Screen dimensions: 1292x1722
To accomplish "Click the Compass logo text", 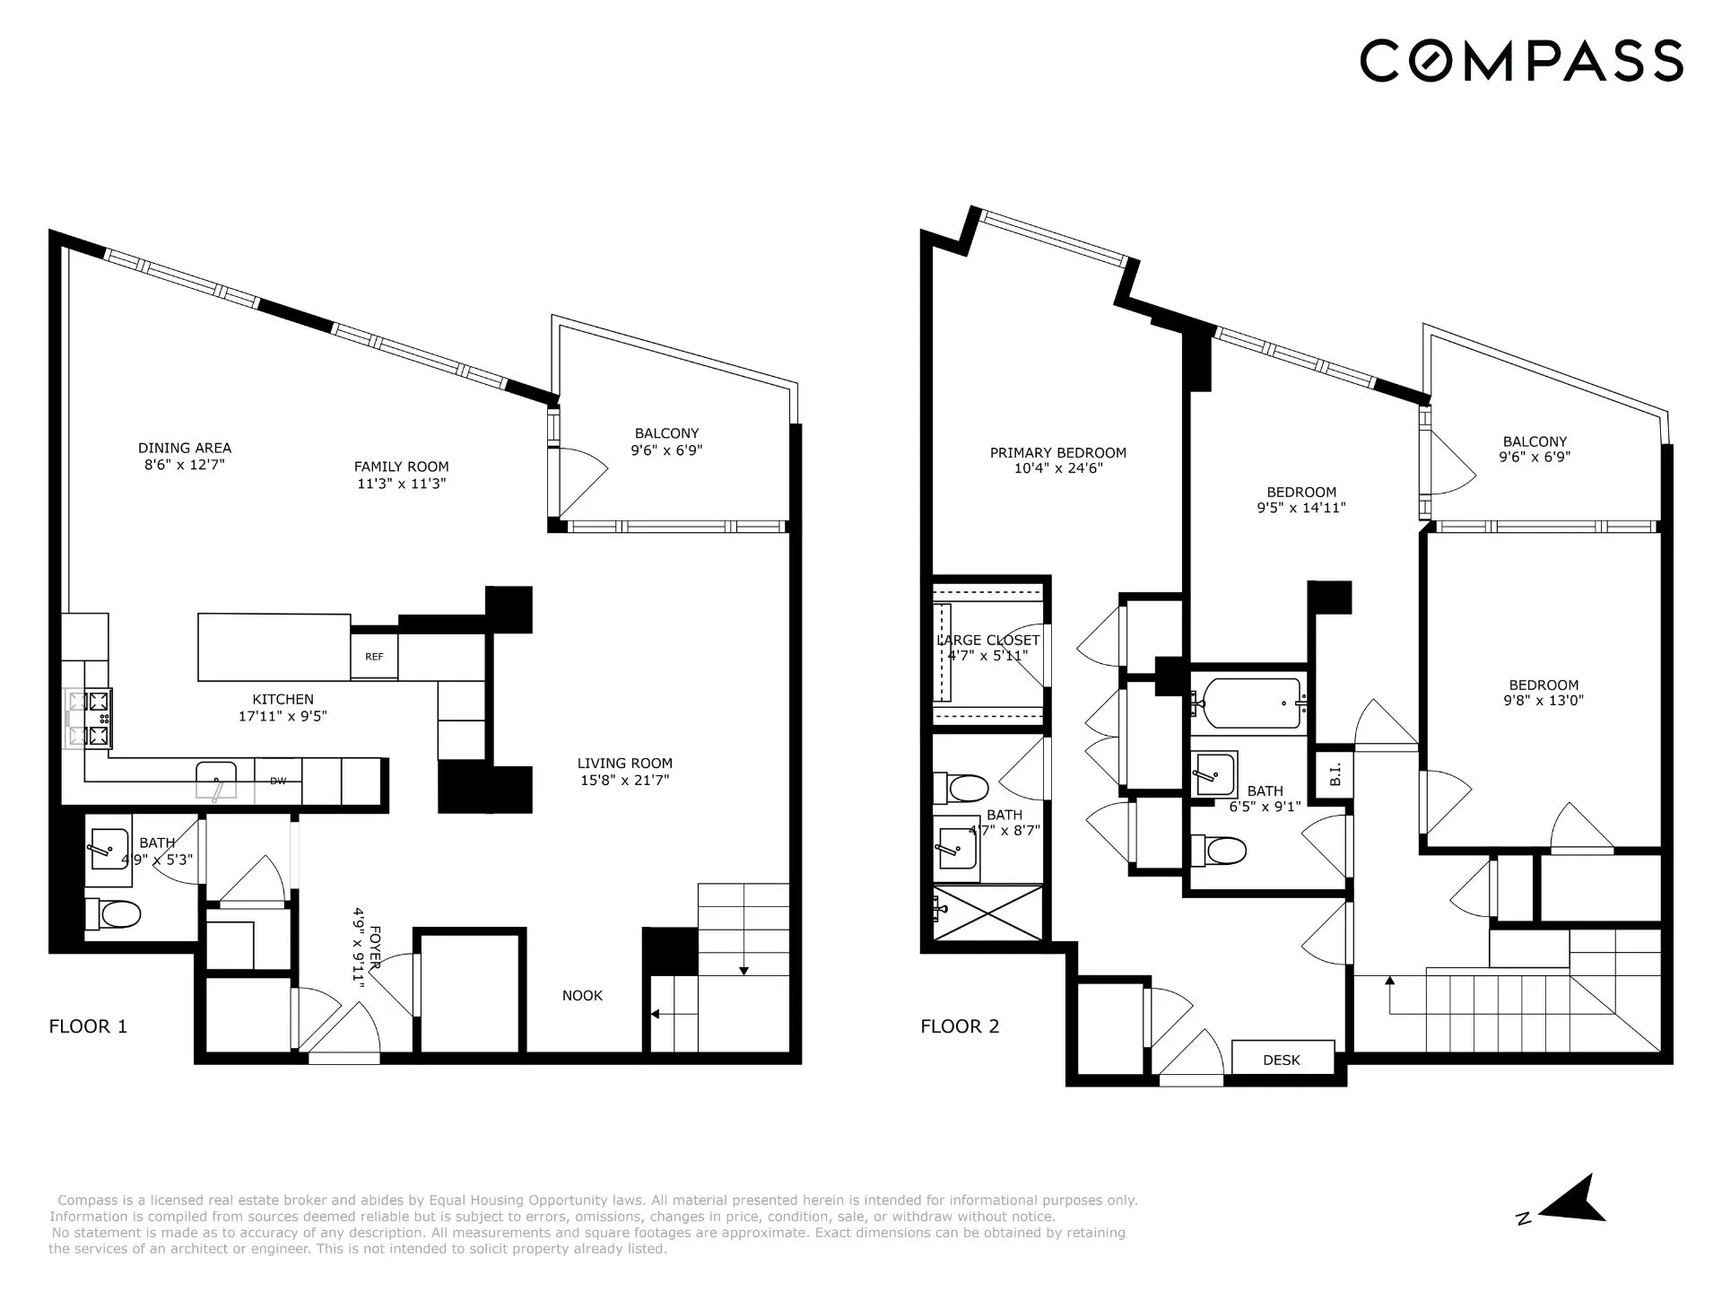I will pyautogui.click(x=1521, y=61).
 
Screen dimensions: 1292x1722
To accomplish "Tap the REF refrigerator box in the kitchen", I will pyautogui.click(x=374, y=657).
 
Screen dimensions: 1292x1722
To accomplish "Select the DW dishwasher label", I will pyautogui.click(x=278, y=781).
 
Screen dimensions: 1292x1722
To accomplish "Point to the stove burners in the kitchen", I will pyautogui.click(x=89, y=718).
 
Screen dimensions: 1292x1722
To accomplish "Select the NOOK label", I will pyautogui.click(x=582, y=995).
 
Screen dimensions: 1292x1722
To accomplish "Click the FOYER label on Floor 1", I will pyautogui.click(x=367, y=947).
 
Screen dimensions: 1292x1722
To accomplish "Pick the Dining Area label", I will pyautogui.click(x=185, y=448).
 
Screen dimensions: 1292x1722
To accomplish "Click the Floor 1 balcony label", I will pyautogui.click(x=666, y=433).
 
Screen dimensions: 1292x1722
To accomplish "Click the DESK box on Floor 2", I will pyautogui.click(x=1282, y=1060).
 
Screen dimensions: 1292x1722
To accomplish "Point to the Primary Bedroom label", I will pyautogui.click(x=1058, y=453).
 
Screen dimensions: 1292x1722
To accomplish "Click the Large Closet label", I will pyautogui.click(x=988, y=641).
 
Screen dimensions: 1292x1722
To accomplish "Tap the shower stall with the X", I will pyautogui.click(x=988, y=912).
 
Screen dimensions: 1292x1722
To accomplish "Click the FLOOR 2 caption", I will pyautogui.click(x=960, y=1026).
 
